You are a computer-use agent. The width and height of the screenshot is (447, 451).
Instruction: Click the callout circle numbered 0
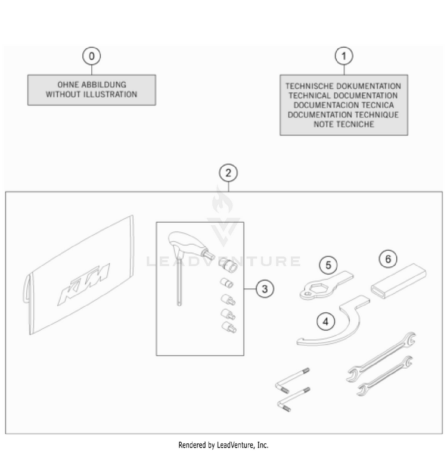[91, 56]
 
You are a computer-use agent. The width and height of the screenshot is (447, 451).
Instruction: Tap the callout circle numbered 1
[344, 56]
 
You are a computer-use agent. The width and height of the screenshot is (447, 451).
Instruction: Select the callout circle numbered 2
[228, 173]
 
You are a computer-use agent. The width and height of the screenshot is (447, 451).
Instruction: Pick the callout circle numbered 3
[265, 289]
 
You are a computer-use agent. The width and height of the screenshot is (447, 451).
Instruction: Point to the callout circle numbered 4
[325, 322]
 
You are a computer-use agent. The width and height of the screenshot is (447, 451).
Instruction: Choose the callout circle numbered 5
[328, 265]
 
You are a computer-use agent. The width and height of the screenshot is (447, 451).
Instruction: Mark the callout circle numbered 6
[388, 259]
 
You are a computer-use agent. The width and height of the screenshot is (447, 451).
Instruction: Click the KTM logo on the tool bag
[83, 284]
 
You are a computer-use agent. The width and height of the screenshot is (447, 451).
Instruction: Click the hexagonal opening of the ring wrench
[318, 288]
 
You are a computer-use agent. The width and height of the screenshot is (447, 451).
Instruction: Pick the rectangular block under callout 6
[399, 281]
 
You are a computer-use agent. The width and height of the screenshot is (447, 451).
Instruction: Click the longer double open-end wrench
[381, 357]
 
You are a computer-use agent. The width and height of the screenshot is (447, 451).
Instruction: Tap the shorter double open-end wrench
[385, 376]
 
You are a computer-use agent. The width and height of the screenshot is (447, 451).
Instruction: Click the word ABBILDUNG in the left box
[104, 85]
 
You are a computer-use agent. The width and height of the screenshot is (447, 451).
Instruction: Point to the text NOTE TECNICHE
[344, 125]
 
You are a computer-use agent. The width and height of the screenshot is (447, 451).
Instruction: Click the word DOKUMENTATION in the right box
[368, 86]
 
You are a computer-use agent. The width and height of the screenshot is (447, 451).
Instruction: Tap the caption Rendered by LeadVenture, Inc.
[223, 445]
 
